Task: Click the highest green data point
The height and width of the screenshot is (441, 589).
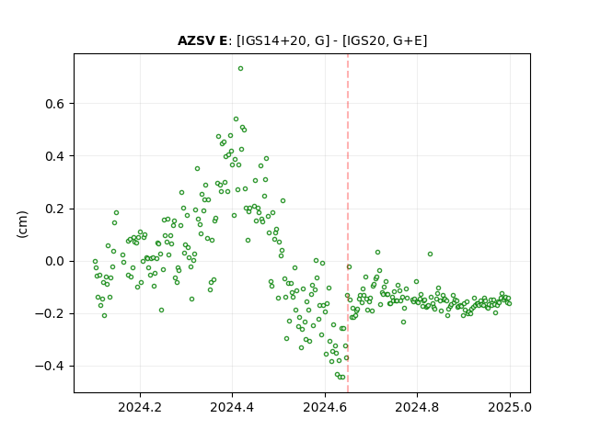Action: pyautogui.click(x=241, y=68)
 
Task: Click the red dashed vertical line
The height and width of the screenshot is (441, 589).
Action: pyautogui.click(x=348, y=223)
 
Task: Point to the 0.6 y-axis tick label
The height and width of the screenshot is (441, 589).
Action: pyautogui.click(x=55, y=104)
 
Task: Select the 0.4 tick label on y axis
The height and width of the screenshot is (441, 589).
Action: pyautogui.click(x=55, y=156)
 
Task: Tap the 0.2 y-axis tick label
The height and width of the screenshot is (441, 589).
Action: pyautogui.click(x=55, y=209)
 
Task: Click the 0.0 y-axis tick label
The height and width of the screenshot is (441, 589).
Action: pyautogui.click(x=55, y=261)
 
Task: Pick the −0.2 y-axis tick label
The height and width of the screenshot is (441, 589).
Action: pyautogui.click(x=50, y=314)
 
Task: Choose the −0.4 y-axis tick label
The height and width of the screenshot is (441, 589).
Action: pyautogui.click(x=50, y=367)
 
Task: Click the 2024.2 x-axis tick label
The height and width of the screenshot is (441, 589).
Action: pyautogui.click(x=140, y=407)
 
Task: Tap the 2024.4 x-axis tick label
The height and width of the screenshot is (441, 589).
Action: pyautogui.click(x=232, y=407)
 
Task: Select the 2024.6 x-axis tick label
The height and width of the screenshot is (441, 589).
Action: pyautogui.click(x=325, y=407)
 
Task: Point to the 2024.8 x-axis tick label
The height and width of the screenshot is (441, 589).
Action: pyautogui.click(x=417, y=407)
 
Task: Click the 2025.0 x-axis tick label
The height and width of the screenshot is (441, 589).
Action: pyautogui.click(x=510, y=407)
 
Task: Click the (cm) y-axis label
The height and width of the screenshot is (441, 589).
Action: pyautogui.click(x=22, y=224)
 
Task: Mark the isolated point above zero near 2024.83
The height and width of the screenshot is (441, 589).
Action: pyautogui.click(x=430, y=254)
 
